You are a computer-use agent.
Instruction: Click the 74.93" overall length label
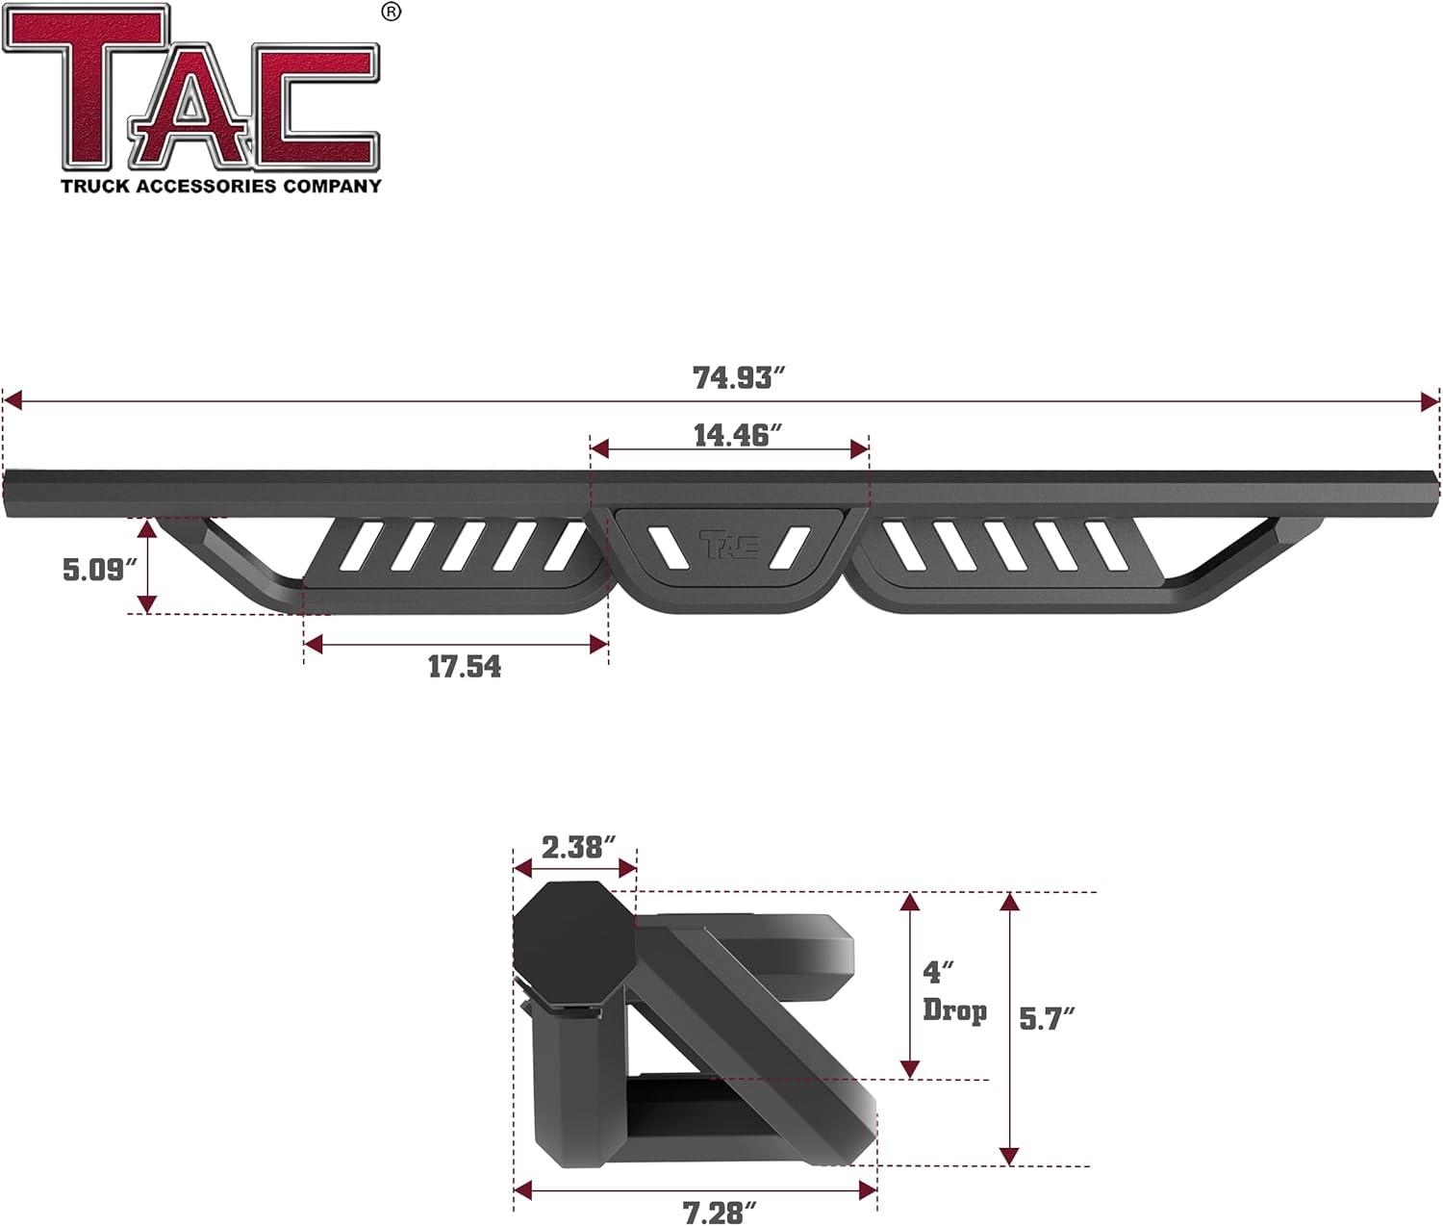point(733,378)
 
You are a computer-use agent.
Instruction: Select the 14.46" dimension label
point(732,435)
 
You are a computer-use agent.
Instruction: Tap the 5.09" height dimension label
point(94,569)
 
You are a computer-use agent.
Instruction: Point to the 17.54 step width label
point(464,666)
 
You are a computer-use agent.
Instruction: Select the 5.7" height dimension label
point(1047,1017)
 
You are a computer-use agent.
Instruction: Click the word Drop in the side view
point(954,1010)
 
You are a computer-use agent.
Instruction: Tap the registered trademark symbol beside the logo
point(391,12)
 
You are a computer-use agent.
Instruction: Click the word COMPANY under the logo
point(332,186)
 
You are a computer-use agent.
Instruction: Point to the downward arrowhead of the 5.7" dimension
point(1009,1155)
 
